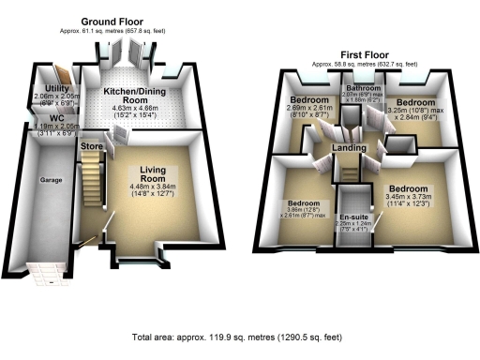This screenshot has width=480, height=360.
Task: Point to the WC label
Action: click(x=43, y=119)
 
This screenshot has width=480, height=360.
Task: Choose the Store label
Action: click(x=91, y=146)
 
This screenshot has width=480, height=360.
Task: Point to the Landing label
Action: click(x=349, y=147)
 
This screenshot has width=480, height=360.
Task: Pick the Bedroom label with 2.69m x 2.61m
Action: click(x=308, y=99)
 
